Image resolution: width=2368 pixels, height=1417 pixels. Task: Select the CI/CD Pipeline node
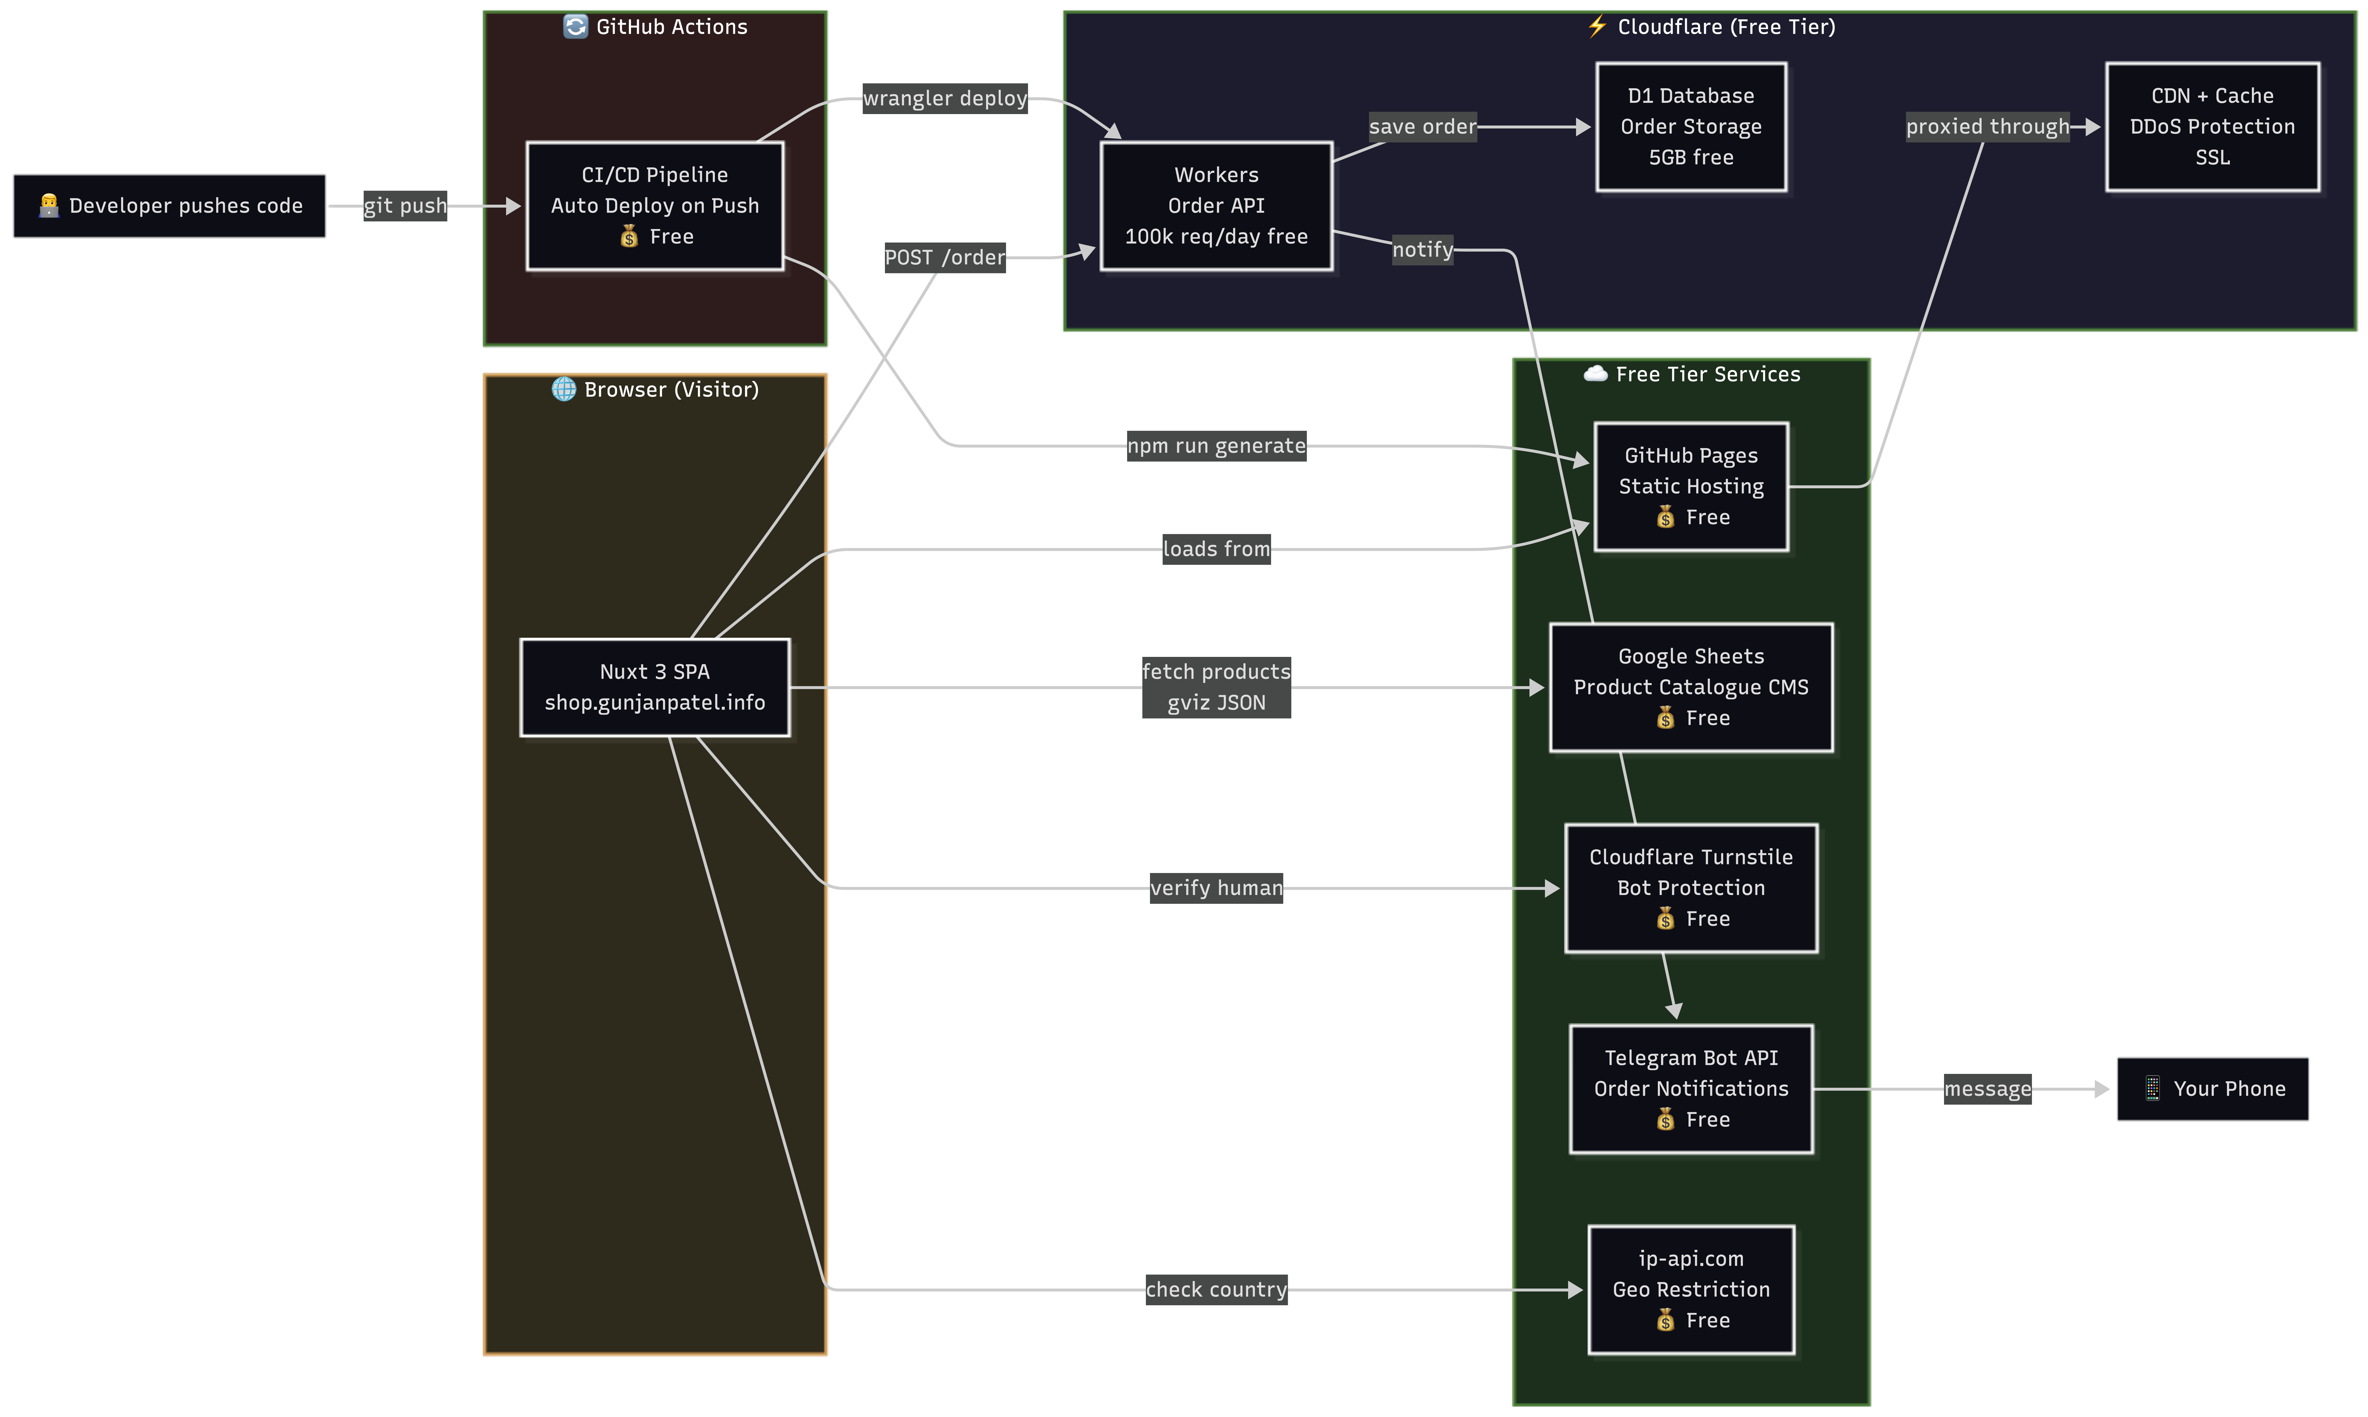655,206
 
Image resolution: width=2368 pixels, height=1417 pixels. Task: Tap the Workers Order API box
1216,206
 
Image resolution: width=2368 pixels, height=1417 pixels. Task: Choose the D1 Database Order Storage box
1690,127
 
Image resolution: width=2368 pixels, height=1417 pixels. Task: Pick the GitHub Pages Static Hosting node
1690,487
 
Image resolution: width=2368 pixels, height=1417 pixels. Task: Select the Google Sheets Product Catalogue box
1690,687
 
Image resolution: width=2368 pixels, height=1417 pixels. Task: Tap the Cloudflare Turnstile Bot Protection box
1690,888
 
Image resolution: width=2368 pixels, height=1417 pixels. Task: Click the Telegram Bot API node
1690,1089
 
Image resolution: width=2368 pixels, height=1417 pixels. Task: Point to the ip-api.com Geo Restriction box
1690,1289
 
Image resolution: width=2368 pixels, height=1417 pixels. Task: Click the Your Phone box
2212,1089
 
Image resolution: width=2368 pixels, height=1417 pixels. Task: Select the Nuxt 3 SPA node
655,687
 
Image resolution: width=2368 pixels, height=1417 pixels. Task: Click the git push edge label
405,206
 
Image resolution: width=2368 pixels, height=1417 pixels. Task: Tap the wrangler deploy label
945,98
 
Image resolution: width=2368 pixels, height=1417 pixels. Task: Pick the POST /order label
945,258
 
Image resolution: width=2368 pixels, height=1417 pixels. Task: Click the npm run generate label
1216,446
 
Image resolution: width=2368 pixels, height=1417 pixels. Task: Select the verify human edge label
1216,888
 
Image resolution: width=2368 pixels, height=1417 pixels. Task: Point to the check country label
1216,1290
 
